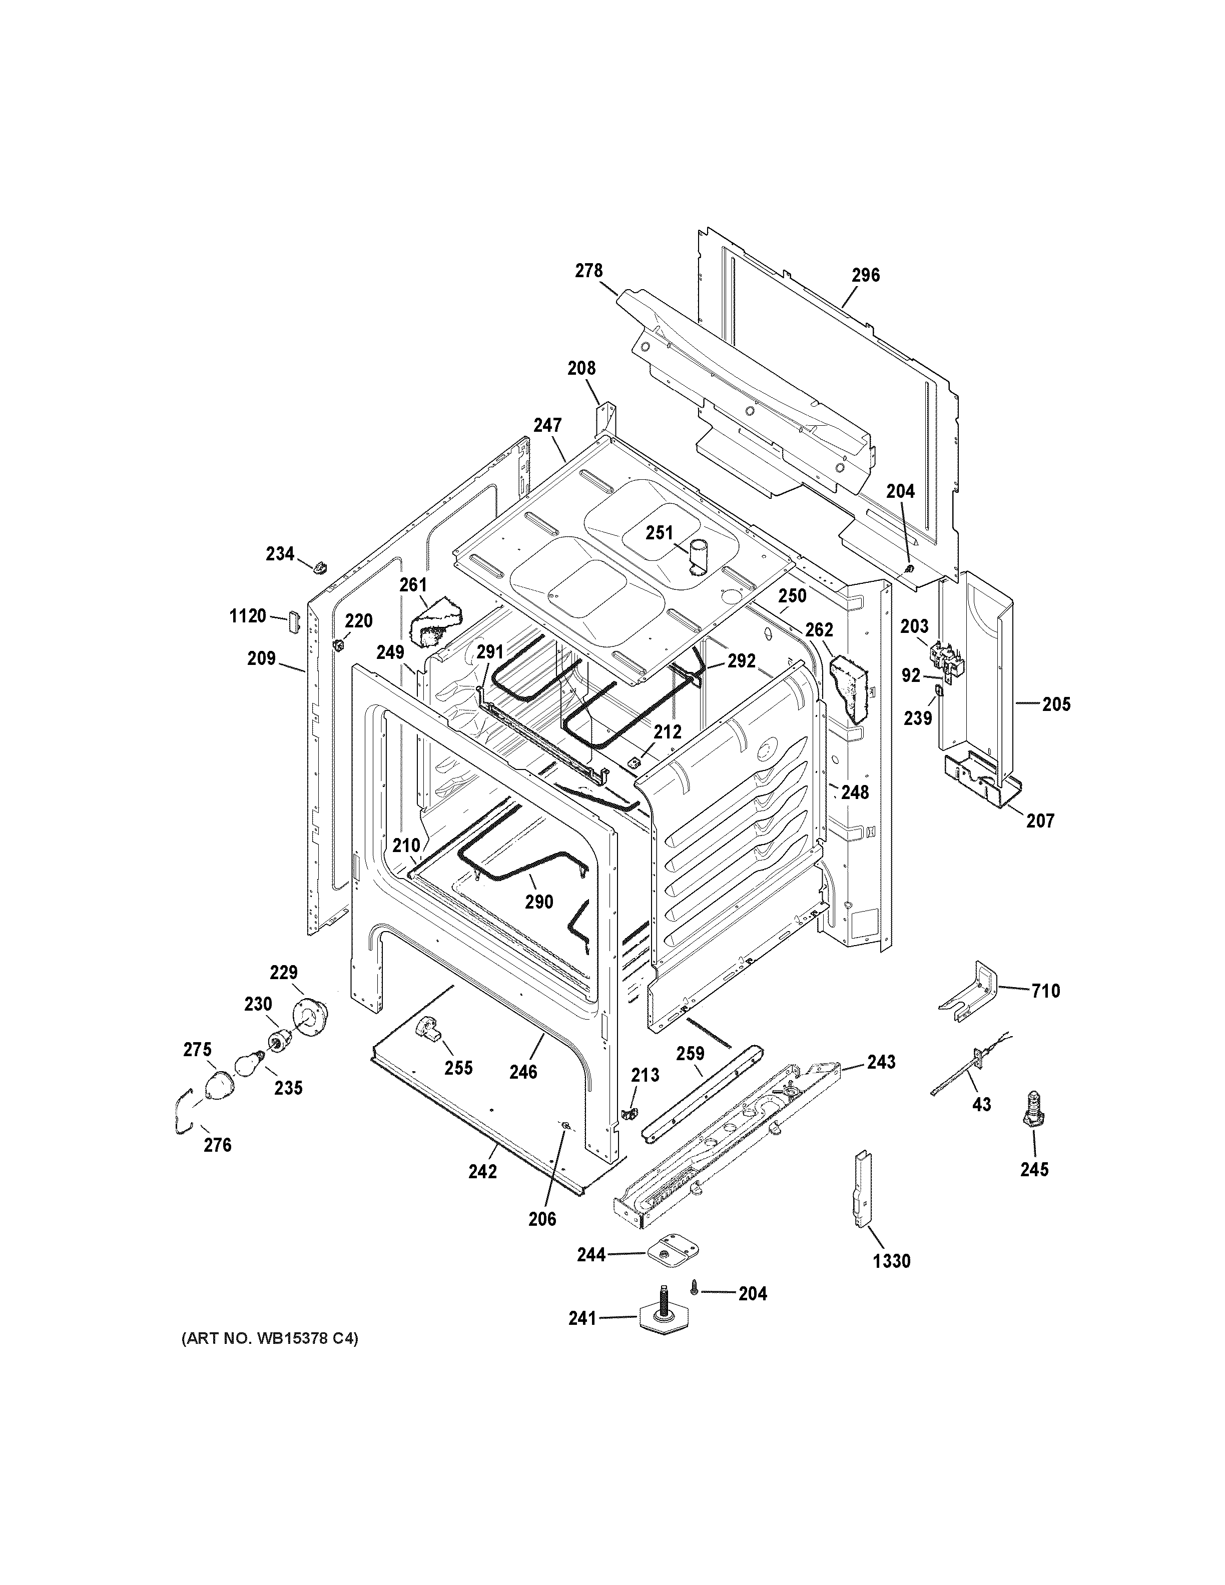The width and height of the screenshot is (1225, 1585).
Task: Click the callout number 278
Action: (x=588, y=271)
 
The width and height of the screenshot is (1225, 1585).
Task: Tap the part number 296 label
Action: (x=865, y=275)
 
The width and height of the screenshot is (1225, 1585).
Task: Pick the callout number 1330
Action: (x=891, y=1261)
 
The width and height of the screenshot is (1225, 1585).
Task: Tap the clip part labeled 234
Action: (x=320, y=565)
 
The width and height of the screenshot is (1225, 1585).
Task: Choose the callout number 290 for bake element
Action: (x=538, y=902)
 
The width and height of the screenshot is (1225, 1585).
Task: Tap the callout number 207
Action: (x=1039, y=821)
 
